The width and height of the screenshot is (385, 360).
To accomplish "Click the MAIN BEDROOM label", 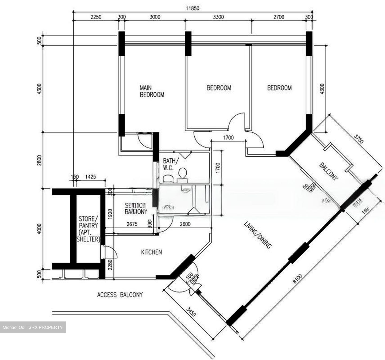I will click(x=152, y=91).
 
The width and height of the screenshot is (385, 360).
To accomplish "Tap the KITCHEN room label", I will click(x=151, y=252).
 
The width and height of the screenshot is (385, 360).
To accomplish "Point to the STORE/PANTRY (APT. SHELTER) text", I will click(x=88, y=229).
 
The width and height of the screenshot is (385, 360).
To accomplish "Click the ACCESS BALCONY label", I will click(x=120, y=295).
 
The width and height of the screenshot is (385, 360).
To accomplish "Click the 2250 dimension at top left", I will click(x=96, y=17).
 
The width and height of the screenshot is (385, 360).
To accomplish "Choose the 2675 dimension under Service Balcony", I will click(x=132, y=224).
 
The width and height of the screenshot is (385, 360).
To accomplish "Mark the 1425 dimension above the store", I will click(x=91, y=177).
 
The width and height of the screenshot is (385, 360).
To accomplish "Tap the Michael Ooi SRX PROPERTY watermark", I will click(x=33, y=327).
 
